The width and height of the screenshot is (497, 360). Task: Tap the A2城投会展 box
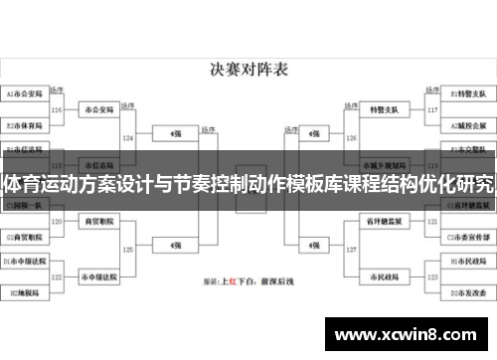[466, 126]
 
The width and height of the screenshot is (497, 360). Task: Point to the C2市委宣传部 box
[466, 238]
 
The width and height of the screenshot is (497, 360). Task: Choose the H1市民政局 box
[466, 261]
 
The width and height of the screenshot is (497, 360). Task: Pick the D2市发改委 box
[466, 294]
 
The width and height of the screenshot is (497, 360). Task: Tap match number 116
[57, 110]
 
